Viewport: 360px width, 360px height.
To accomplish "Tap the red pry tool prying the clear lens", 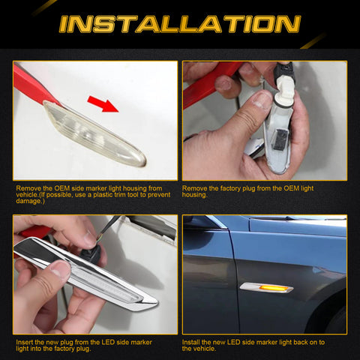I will click(34, 84).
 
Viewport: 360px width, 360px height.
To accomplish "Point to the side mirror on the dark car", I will click(196, 223).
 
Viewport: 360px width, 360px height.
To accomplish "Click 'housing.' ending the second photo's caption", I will click(196, 196).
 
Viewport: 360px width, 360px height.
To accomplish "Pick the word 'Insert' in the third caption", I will click(25, 342).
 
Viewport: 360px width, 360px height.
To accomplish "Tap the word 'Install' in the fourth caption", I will click(192, 342).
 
